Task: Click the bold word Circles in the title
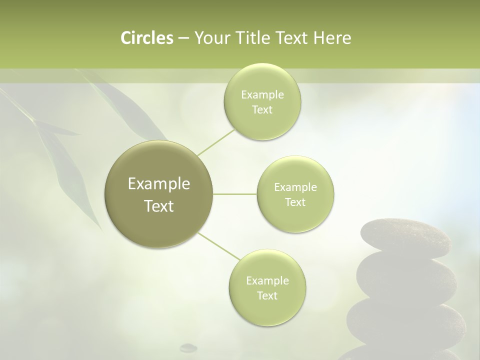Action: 147,38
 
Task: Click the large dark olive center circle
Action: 159,194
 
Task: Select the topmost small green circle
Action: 262,102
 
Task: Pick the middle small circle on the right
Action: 295,194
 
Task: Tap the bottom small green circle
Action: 267,288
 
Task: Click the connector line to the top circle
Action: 215,142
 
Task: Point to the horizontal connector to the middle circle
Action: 235,194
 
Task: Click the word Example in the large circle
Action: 159,184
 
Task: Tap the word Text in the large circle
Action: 159,206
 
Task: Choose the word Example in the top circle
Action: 262,94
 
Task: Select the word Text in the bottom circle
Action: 267,295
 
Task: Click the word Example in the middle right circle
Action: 295,187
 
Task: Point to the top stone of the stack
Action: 405,238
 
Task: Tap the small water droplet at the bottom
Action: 188,346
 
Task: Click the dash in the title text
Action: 183,38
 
